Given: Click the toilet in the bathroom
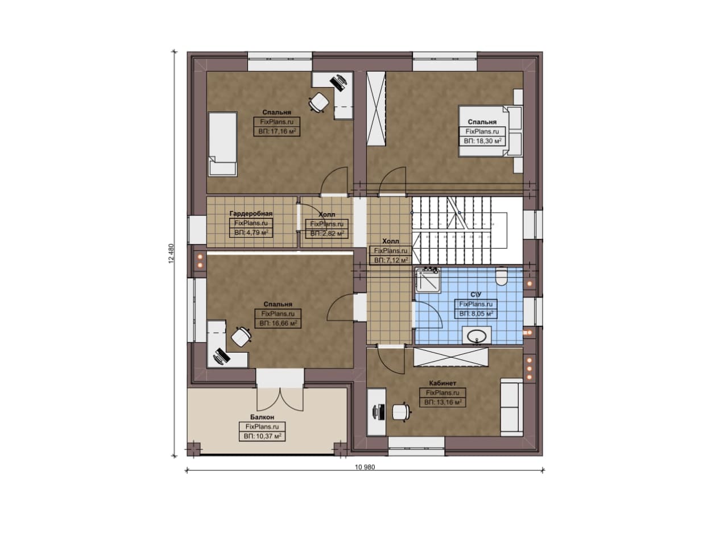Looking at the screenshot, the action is [x=502, y=276].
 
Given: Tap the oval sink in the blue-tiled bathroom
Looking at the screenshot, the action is [x=477, y=335].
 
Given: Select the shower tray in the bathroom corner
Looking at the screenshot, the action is [x=428, y=280].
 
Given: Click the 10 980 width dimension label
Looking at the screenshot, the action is [x=365, y=467].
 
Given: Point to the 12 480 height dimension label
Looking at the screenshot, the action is [x=172, y=254].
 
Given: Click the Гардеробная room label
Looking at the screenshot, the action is [x=251, y=213].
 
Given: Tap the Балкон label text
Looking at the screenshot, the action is [x=262, y=417].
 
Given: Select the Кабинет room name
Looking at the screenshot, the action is [x=442, y=383].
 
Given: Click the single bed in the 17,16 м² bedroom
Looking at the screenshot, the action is [x=222, y=144].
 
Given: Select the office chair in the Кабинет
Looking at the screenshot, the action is [x=401, y=412].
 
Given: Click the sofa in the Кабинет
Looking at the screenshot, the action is [x=511, y=407].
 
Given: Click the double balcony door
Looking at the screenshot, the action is [x=280, y=399].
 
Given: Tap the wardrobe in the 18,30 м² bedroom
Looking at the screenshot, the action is [x=376, y=109].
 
